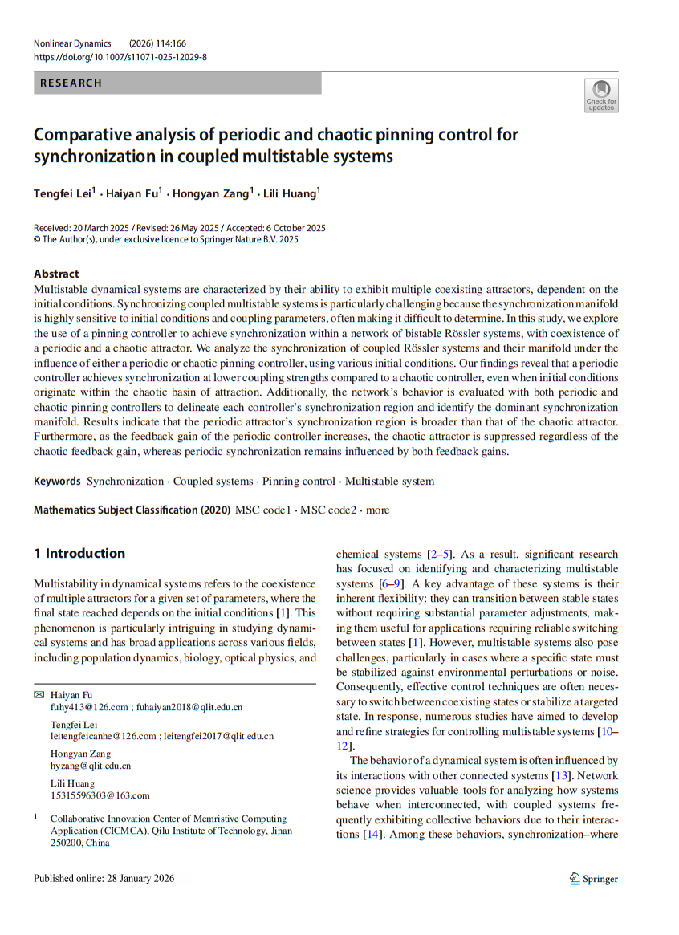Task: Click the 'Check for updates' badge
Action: point(601,96)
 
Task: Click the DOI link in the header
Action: point(120,57)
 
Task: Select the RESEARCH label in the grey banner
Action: point(71,83)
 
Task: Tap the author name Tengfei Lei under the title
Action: point(63,193)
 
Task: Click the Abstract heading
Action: point(56,273)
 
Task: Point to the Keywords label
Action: point(57,482)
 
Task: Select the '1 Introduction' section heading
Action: point(79,553)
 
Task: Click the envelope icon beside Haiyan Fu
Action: point(39,693)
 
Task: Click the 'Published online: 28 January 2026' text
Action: point(104,878)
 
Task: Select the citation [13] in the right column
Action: point(560,776)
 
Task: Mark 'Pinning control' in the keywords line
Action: point(299,482)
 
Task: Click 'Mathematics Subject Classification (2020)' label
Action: point(132,510)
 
